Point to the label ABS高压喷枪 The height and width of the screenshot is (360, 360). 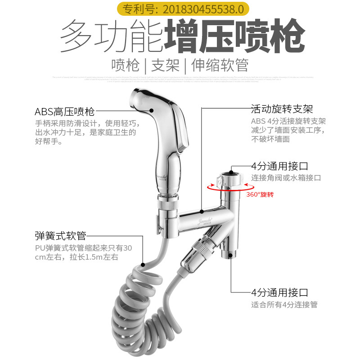pyautogui.click(x=65, y=111)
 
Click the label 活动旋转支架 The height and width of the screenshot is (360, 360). pyautogui.click(x=282, y=109)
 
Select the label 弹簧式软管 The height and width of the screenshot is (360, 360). pyautogui.click(x=60, y=235)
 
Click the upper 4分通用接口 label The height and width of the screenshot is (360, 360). pyautogui.click(x=279, y=166)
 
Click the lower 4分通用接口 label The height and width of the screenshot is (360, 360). pyautogui.click(x=279, y=293)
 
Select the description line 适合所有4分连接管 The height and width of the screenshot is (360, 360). pyautogui.click(x=284, y=305)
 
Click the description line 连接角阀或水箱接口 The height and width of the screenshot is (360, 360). pyautogui.click(x=286, y=178)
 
